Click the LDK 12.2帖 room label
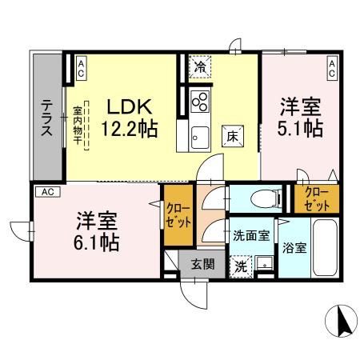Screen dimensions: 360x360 [x=130, y=117]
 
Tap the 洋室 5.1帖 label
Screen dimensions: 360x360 [x=301, y=116]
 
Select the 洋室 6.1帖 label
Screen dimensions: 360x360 [x=98, y=230]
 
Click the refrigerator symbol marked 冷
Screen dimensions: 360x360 [x=199, y=69]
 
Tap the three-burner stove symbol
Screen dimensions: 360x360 [x=200, y=102]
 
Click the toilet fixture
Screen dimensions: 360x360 [x=262, y=198]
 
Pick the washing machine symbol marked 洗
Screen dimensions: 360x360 [x=238, y=265]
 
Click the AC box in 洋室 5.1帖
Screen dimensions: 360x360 [x=332, y=68]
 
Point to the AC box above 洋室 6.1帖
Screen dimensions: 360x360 [x=47, y=192]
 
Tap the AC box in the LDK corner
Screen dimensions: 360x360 [x=82, y=68]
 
